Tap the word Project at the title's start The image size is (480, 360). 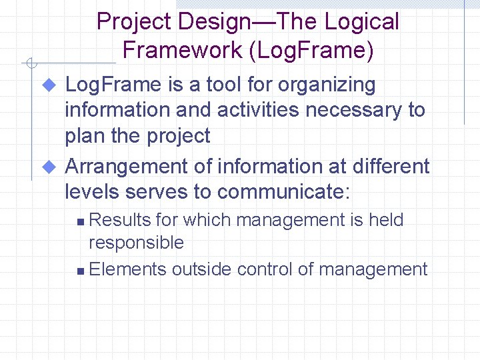pos(133,22)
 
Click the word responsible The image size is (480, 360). pos(136,243)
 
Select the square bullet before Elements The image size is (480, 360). pos(80,271)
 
